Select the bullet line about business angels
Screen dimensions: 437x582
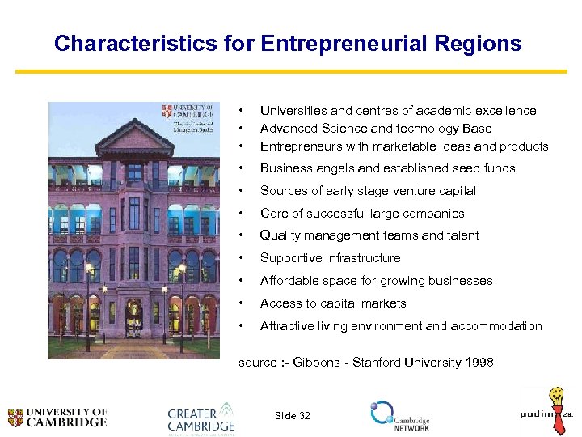click(x=387, y=168)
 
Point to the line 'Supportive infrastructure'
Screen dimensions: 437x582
click(x=330, y=258)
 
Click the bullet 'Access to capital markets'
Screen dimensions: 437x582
click(x=333, y=303)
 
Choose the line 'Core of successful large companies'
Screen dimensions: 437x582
click(x=362, y=214)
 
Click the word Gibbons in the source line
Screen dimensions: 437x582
click(x=323, y=363)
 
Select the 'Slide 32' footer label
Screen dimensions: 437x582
click(x=292, y=416)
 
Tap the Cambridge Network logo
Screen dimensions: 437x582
click(x=399, y=415)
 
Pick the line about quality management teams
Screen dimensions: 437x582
click(x=369, y=235)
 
